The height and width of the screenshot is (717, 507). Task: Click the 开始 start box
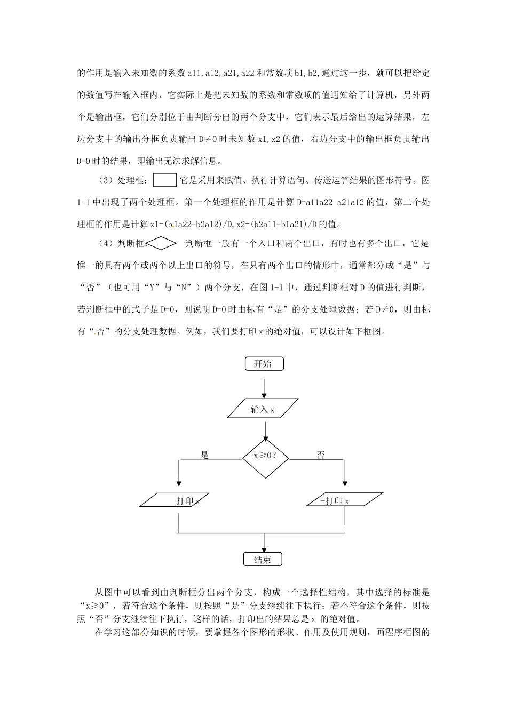tap(264, 364)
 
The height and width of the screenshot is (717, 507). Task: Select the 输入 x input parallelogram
tap(263, 409)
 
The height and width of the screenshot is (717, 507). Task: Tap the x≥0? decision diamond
tap(265, 457)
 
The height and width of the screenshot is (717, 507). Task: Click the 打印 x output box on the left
tap(173, 500)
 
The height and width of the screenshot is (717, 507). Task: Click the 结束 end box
tap(262, 559)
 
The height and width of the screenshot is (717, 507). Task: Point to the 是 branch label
tap(204, 455)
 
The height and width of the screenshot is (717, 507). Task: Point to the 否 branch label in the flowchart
tap(321, 455)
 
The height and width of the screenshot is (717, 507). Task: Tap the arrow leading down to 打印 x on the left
tap(178, 475)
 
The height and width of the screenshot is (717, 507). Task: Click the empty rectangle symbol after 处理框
tap(165, 180)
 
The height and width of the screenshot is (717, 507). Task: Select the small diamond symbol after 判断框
tap(161, 244)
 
